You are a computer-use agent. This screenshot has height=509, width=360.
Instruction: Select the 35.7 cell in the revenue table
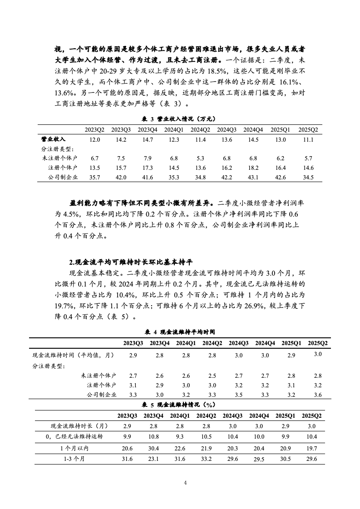pyautogui.click(x=95, y=177)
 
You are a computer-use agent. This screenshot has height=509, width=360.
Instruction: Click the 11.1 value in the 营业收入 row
pyautogui.click(x=308, y=139)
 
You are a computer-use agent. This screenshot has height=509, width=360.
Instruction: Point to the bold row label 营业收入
pyautogui.click(x=53, y=139)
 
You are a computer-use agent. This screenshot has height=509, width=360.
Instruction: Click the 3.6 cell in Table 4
pyautogui.click(x=317, y=395)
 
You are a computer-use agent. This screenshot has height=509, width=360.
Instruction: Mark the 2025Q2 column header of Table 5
pyautogui.click(x=312, y=415)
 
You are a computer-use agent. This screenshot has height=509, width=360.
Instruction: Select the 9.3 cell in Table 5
pyautogui.click(x=180, y=437)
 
